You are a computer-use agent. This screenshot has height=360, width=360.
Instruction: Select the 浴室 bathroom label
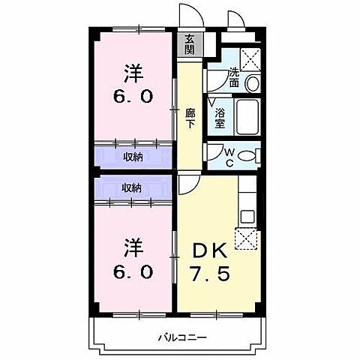(x=220, y=118)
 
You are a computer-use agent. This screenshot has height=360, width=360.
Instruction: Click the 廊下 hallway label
(x=190, y=118)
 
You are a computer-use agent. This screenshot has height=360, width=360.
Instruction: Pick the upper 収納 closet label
(x=132, y=157)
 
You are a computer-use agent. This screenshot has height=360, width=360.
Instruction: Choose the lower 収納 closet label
(x=132, y=187)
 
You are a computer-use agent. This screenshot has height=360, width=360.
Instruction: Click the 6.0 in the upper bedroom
(x=133, y=97)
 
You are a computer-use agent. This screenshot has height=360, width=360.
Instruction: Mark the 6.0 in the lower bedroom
(x=133, y=270)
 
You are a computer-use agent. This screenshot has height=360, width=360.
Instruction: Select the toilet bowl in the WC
(x=252, y=156)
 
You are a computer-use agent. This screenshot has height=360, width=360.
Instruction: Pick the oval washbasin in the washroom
(x=253, y=82)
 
